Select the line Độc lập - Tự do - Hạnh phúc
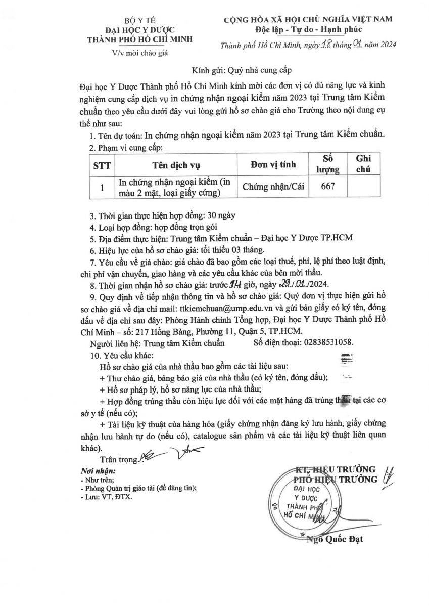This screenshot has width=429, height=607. (301, 30)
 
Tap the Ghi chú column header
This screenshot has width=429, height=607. (363, 165)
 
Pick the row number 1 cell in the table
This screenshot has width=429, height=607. (103, 187)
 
